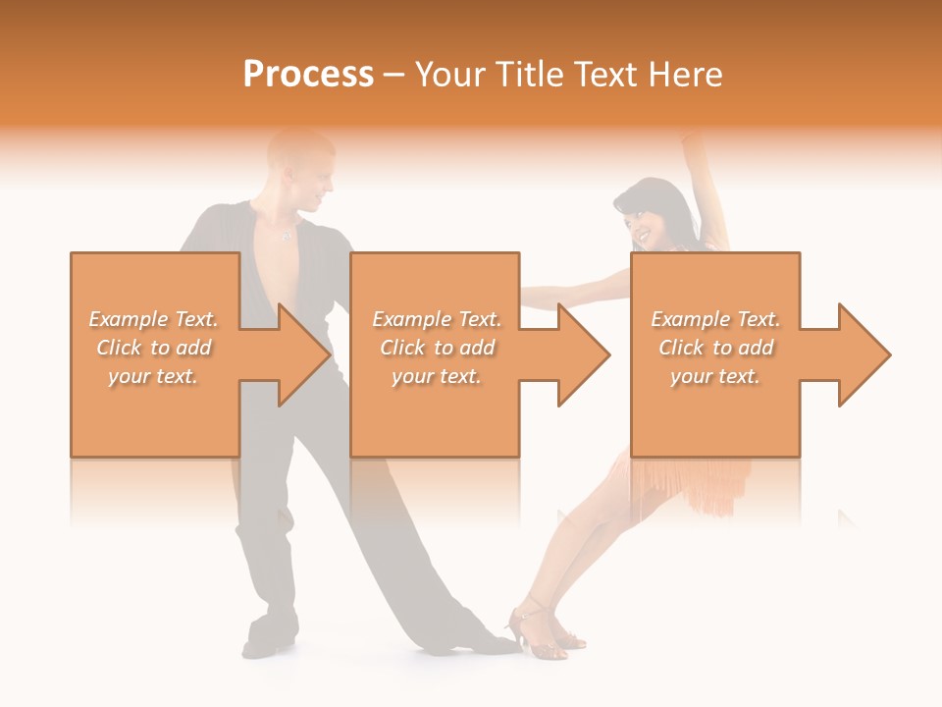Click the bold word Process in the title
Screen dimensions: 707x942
(308, 75)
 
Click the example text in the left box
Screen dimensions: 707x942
(154, 348)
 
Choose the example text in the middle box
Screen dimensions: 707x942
(437, 348)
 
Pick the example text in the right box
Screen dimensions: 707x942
(715, 348)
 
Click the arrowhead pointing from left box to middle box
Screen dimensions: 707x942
(299, 354)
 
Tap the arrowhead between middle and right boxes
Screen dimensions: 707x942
(580, 354)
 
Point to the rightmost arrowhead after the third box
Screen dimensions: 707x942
(861, 354)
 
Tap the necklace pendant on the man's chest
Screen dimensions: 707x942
(287, 237)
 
